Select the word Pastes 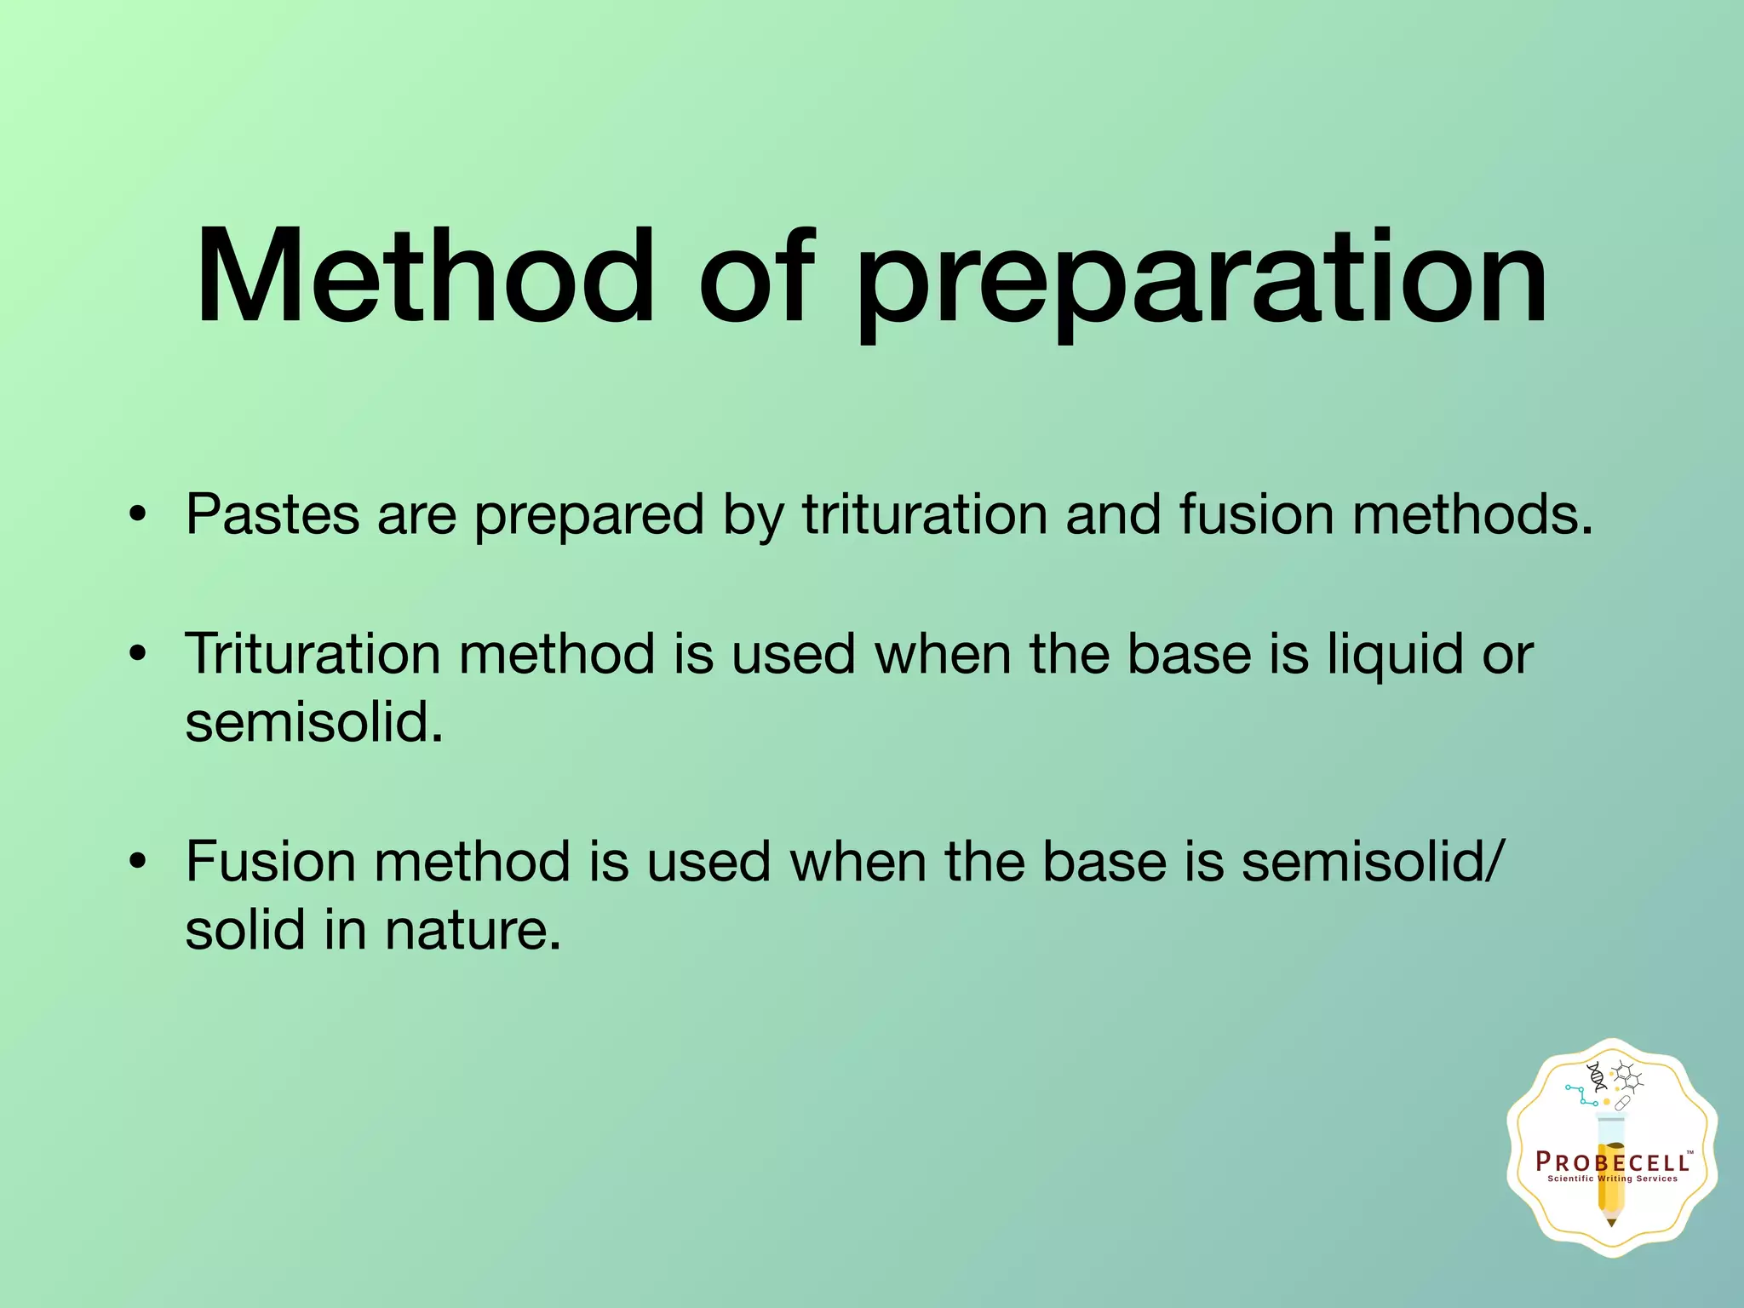[x=272, y=514]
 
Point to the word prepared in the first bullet [x=588, y=516]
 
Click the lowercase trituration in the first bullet [x=924, y=514]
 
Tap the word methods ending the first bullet [x=1471, y=514]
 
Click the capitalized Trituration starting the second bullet [x=313, y=654]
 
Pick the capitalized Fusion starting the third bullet [x=270, y=861]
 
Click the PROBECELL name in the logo [x=1612, y=1162]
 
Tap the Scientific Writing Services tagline [x=1612, y=1179]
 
